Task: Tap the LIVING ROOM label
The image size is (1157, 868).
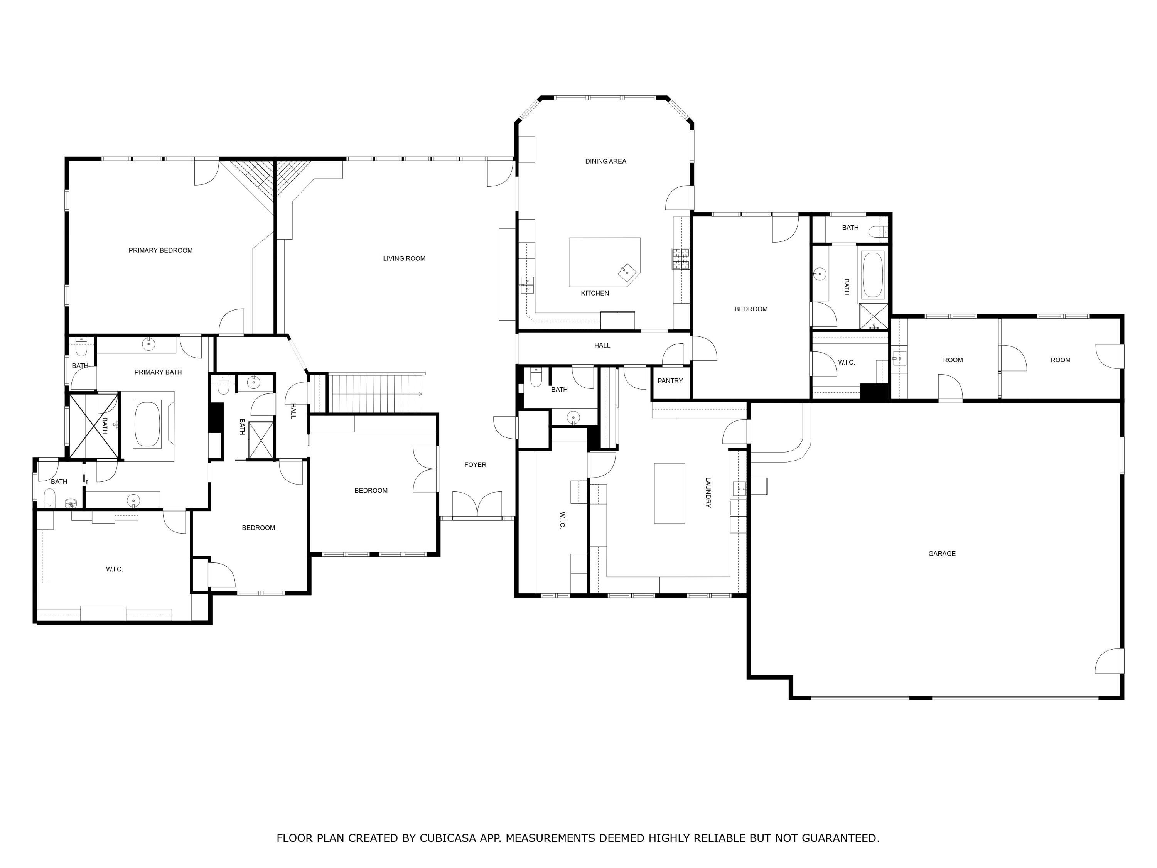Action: [404, 258]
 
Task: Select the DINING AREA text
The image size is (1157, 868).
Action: [605, 161]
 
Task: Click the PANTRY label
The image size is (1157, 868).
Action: [670, 381]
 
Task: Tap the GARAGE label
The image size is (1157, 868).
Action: [941, 554]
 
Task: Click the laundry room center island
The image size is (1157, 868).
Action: [669, 493]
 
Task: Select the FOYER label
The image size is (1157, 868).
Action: [475, 464]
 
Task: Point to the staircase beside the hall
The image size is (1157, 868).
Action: [376, 393]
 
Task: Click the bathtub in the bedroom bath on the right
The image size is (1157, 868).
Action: [872, 275]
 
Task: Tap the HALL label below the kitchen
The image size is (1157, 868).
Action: [602, 345]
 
